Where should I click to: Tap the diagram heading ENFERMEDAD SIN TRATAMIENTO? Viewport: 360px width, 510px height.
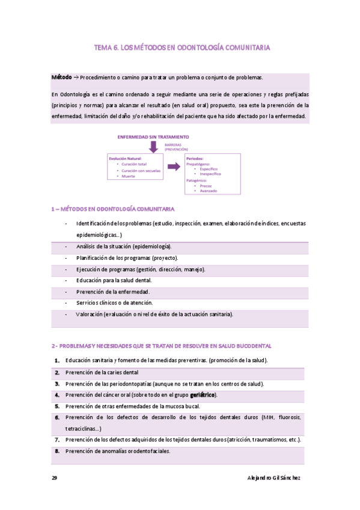coord(153,137)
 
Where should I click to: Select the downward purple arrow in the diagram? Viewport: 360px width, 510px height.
coord(154,147)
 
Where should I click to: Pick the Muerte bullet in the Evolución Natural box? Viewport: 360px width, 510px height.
coord(129,176)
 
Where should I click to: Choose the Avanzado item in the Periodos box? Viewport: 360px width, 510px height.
coord(209,191)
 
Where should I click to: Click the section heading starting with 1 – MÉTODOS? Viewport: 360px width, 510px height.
coord(113,209)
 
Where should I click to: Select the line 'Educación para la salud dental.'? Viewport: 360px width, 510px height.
coord(114,280)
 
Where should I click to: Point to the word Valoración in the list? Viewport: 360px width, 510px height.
coord(88,314)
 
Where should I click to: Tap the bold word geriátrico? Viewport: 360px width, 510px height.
coord(203,395)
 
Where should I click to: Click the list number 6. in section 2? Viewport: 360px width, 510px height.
coord(56,417)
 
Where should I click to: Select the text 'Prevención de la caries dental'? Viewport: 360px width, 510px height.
coord(102,372)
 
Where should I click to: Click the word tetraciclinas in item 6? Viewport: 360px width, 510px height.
coord(82,428)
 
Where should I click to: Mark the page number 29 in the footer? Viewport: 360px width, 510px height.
coord(54,477)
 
